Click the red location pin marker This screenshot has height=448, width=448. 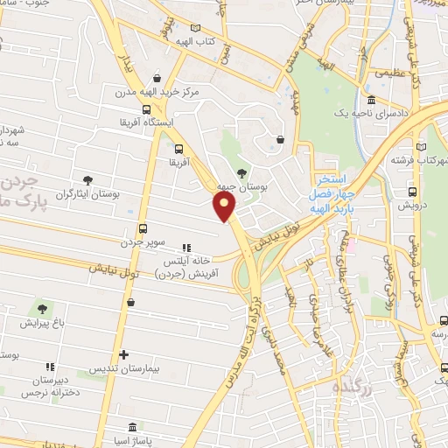225,206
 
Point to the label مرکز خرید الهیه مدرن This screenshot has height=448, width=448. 146,91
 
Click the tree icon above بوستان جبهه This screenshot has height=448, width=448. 241,172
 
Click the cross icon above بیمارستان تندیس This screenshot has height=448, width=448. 124,355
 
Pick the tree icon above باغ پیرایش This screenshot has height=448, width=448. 41,308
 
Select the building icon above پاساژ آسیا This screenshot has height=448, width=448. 131,428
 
